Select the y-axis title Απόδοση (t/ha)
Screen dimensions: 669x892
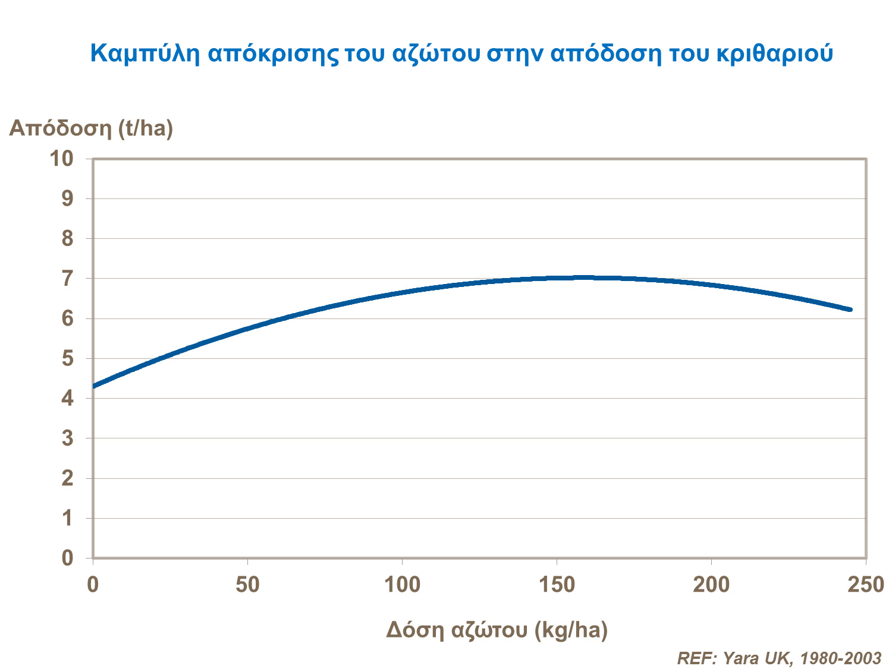pyautogui.click(x=91, y=128)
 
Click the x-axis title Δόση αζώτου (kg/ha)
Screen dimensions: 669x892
pyautogui.click(x=497, y=630)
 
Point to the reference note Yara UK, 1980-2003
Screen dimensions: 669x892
pyautogui.click(x=779, y=658)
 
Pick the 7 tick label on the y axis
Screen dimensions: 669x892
pyautogui.click(x=67, y=279)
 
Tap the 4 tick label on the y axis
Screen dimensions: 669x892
pyautogui.click(x=67, y=399)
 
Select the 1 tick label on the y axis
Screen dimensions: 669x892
pyautogui.click(x=67, y=518)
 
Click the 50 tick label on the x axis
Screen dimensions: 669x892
pyautogui.click(x=247, y=585)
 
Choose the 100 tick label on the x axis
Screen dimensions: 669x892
pyautogui.click(x=402, y=585)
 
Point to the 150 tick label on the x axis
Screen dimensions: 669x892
pyautogui.click(x=557, y=585)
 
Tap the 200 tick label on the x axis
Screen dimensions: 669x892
pyautogui.click(x=711, y=585)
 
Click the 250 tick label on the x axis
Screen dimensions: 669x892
pyautogui.click(x=866, y=585)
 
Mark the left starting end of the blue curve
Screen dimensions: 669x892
pyautogui.click(x=95, y=386)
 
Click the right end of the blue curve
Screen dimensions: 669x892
pyautogui.click(x=850, y=310)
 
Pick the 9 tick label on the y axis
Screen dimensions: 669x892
pyautogui.click(x=67, y=198)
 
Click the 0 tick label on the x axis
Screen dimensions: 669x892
pyautogui.click(x=93, y=585)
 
